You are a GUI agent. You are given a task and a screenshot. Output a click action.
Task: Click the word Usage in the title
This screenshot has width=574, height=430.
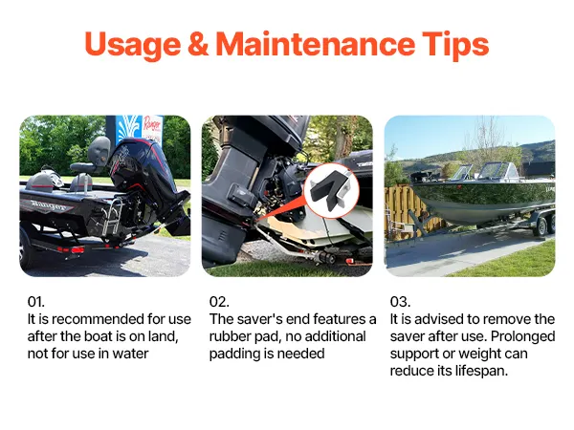pos(133,45)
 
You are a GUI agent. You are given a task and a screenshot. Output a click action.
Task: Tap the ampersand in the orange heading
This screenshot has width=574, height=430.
pos(198,44)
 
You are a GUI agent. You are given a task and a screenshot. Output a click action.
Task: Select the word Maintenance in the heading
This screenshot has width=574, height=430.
pos(315,44)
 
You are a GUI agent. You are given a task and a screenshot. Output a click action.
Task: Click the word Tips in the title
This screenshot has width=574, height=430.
pos(455,45)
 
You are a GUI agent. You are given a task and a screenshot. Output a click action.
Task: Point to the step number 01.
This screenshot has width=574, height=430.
pos(36,302)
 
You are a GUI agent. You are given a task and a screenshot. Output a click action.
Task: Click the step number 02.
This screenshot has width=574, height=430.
pos(219,302)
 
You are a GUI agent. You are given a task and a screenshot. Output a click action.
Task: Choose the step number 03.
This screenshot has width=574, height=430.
pos(400,302)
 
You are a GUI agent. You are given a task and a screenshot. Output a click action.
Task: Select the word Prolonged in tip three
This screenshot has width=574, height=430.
pos(522,336)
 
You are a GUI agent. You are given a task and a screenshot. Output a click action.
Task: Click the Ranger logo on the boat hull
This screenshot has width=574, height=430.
pos(47,205)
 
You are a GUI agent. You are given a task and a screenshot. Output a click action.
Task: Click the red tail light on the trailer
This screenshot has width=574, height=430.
pos(77,249)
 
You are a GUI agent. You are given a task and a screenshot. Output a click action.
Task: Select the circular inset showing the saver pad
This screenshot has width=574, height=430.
pos(331,191)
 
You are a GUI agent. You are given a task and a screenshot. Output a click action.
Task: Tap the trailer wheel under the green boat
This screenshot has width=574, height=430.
pos(541,226)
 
